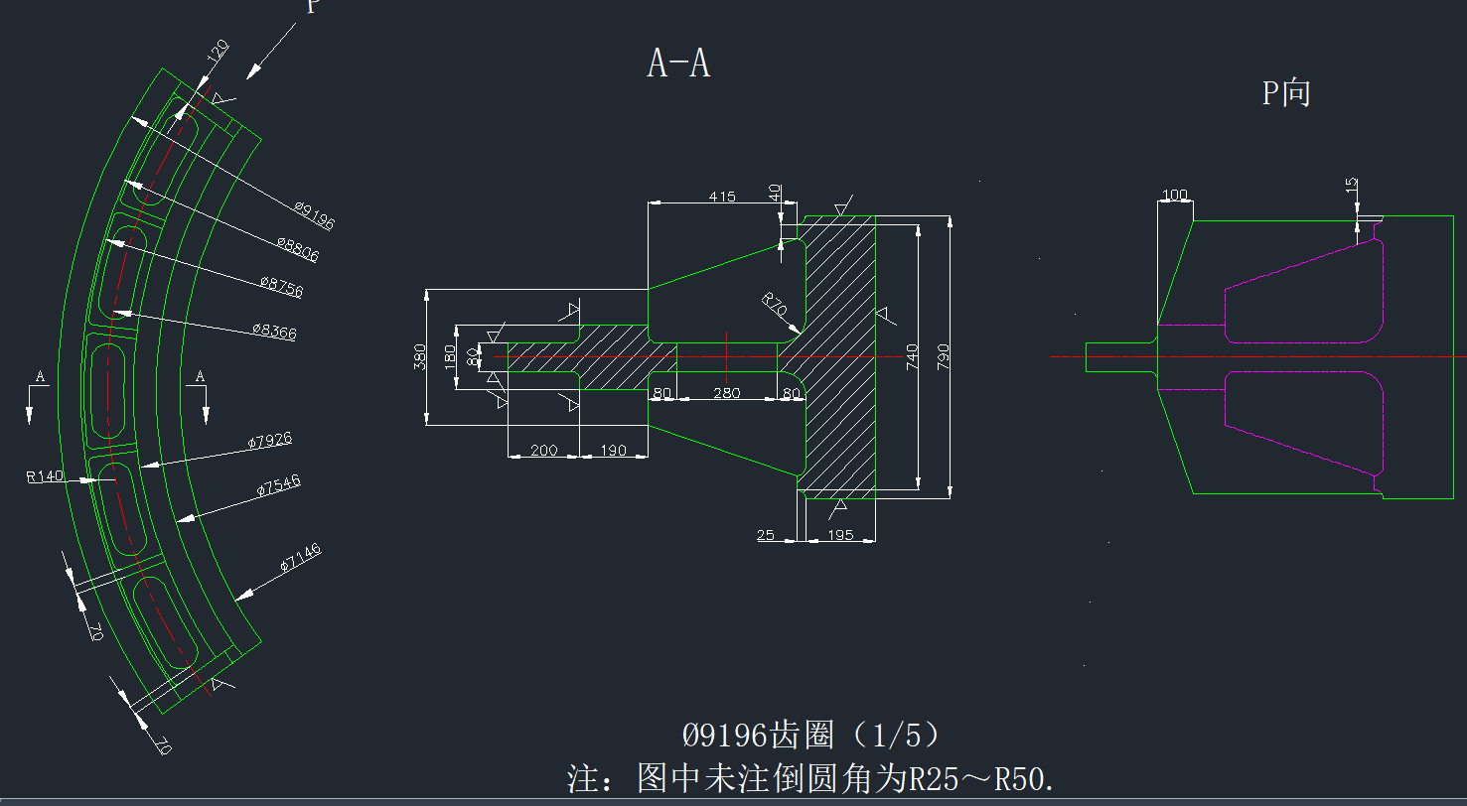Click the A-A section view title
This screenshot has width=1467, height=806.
678,64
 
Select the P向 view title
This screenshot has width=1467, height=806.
1286,93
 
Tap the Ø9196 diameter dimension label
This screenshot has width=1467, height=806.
314,215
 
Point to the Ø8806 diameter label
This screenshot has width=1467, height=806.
298,249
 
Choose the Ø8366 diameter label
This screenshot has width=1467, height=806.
273,331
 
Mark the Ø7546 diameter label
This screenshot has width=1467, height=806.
278,485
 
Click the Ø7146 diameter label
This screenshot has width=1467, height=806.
300,559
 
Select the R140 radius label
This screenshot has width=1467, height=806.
46,476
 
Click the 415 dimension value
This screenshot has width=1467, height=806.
722,197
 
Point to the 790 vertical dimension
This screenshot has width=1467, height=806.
943,354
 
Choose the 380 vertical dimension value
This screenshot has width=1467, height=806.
419,356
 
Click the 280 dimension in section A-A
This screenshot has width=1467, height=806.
727,394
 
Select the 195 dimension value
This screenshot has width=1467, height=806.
839,536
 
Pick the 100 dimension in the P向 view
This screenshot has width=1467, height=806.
1175,195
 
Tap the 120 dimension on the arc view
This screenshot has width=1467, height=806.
218,52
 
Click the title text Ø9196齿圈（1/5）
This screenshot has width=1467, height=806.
810,736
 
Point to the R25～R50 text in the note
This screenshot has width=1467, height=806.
978,779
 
